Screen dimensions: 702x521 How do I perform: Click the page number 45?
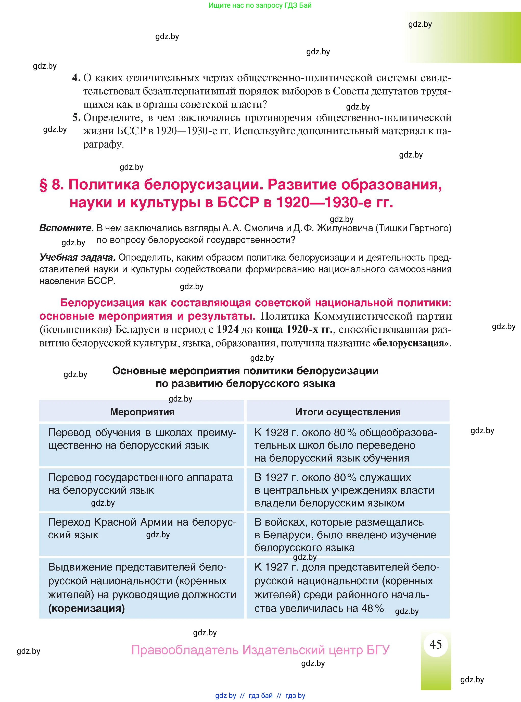[x=436, y=644]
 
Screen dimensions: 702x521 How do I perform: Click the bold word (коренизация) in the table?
[x=86, y=608]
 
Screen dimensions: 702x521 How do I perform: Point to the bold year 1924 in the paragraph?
[x=228, y=329]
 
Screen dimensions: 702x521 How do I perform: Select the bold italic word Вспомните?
[x=66, y=228]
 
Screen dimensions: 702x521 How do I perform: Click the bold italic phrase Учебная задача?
[x=77, y=257]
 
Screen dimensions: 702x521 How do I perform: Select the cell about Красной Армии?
[x=142, y=528]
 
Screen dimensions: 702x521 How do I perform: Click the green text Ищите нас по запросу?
[x=260, y=5]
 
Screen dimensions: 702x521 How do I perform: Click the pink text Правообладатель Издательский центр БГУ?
[x=260, y=650]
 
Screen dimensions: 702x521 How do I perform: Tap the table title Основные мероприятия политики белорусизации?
[x=245, y=371]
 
